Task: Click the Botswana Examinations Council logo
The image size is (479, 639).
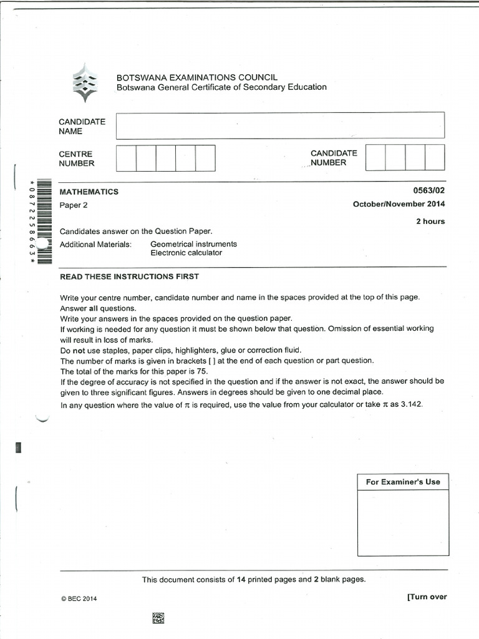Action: tap(85, 82)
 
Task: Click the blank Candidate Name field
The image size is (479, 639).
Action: tap(279, 125)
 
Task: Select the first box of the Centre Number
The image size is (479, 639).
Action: tap(126, 158)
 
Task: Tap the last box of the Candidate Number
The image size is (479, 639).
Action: tap(435, 157)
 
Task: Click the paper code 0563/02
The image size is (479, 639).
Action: tap(431, 192)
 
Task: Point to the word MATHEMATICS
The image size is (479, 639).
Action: tap(89, 192)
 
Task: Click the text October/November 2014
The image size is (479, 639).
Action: tap(399, 204)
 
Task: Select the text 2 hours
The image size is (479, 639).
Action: tap(430, 222)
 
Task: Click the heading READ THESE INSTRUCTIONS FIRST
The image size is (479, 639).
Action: tap(129, 276)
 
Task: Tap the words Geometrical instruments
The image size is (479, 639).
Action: tap(193, 244)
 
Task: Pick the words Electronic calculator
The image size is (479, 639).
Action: tap(186, 253)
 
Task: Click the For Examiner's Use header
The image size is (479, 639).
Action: tap(403, 482)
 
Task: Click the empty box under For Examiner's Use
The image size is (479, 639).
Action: tap(403, 522)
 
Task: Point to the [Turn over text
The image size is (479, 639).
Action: tap(427, 597)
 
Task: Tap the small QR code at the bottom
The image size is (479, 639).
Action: tap(158, 618)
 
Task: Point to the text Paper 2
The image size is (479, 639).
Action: tap(74, 205)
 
